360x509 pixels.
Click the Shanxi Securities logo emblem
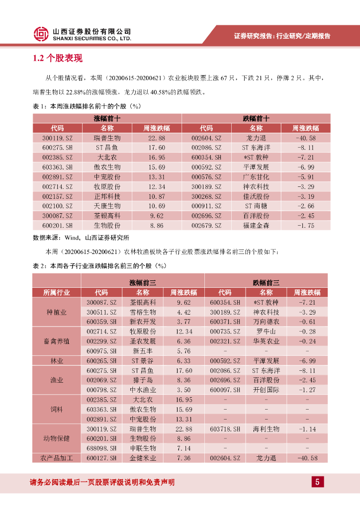[41, 34]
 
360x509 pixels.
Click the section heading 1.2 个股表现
[58, 59]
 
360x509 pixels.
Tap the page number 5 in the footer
[317, 482]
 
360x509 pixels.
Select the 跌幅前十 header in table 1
[256, 118]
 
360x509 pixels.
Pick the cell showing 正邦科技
[107, 196]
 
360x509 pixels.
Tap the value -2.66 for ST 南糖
[305, 206]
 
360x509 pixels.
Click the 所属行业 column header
[57, 292]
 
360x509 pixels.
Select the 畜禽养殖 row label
[57, 341]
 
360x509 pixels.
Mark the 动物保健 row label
[57, 438]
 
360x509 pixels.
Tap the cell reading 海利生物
[266, 428]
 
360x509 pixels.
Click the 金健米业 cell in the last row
[143, 458]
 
